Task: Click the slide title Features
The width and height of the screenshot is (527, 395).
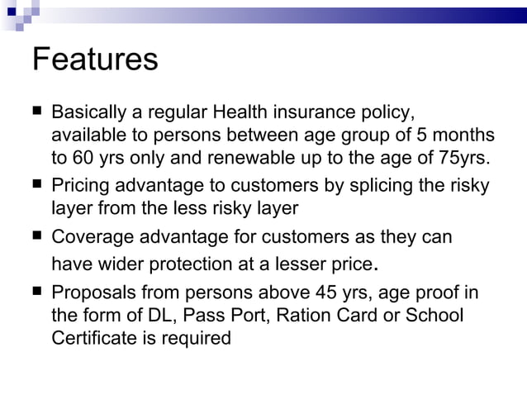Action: tap(94, 60)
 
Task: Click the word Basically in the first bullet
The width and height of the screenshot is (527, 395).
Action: tap(87, 112)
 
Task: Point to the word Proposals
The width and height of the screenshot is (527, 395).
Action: tap(92, 293)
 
